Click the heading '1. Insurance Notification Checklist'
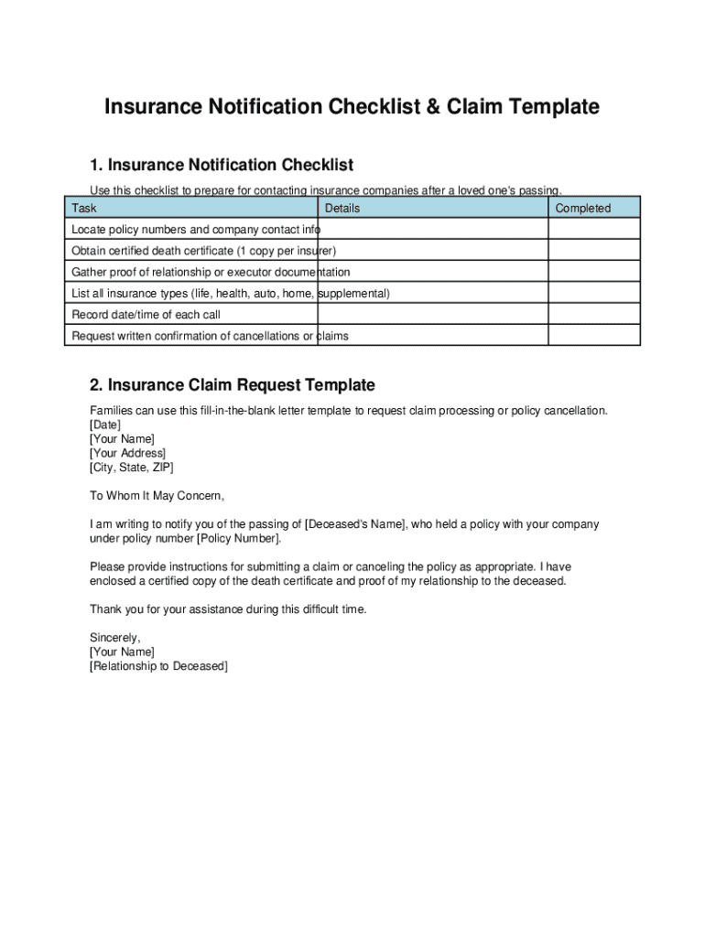coord(221,165)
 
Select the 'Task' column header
coord(84,208)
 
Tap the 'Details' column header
coord(342,208)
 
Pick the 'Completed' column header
coord(582,208)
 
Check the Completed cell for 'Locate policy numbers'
coord(593,230)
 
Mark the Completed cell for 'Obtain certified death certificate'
coord(593,251)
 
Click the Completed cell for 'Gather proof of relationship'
coord(593,272)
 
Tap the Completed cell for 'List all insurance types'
coord(593,294)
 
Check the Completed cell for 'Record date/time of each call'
coord(593,315)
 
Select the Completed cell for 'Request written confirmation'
coord(593,336)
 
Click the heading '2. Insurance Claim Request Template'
coord(232,385)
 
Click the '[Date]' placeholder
coord(104,425)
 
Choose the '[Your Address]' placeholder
coord(127,453)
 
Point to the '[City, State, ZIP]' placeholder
coord(131,467)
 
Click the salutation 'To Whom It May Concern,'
coord(157,495)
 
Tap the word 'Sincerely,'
coord(115,638)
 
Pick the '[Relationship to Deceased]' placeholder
coord(158,666)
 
